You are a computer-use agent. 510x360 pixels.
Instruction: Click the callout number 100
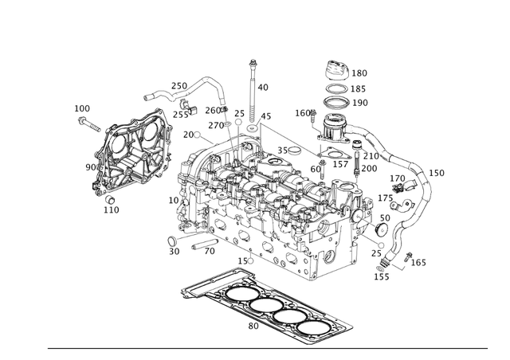point(82,108)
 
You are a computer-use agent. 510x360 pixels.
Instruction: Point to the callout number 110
point(111,209)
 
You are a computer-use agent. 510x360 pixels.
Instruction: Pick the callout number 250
point(179,86)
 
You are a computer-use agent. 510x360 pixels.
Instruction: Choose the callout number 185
point(359,88)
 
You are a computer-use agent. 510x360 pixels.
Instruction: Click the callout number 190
point(359,103)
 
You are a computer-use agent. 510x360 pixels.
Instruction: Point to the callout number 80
point(253,326)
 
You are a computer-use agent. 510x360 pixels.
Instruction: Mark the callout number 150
point(437,173)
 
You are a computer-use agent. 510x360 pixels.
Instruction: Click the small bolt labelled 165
point(408,256)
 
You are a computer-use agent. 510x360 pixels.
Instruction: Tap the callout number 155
point(382,276)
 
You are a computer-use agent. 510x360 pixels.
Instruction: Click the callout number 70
point(210,252)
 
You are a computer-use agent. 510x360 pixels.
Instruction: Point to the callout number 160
point(302,113)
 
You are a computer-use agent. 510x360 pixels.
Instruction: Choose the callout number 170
point(397,178)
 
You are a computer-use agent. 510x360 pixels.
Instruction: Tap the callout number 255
point(181,115)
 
